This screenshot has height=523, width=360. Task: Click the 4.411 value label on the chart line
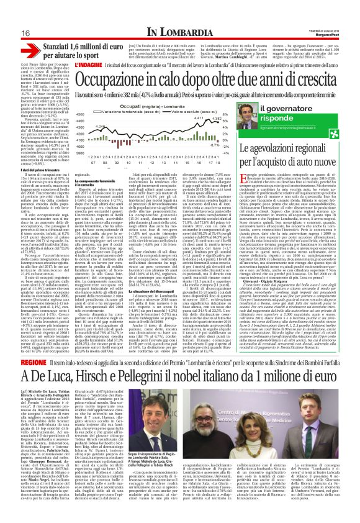[199, 118]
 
